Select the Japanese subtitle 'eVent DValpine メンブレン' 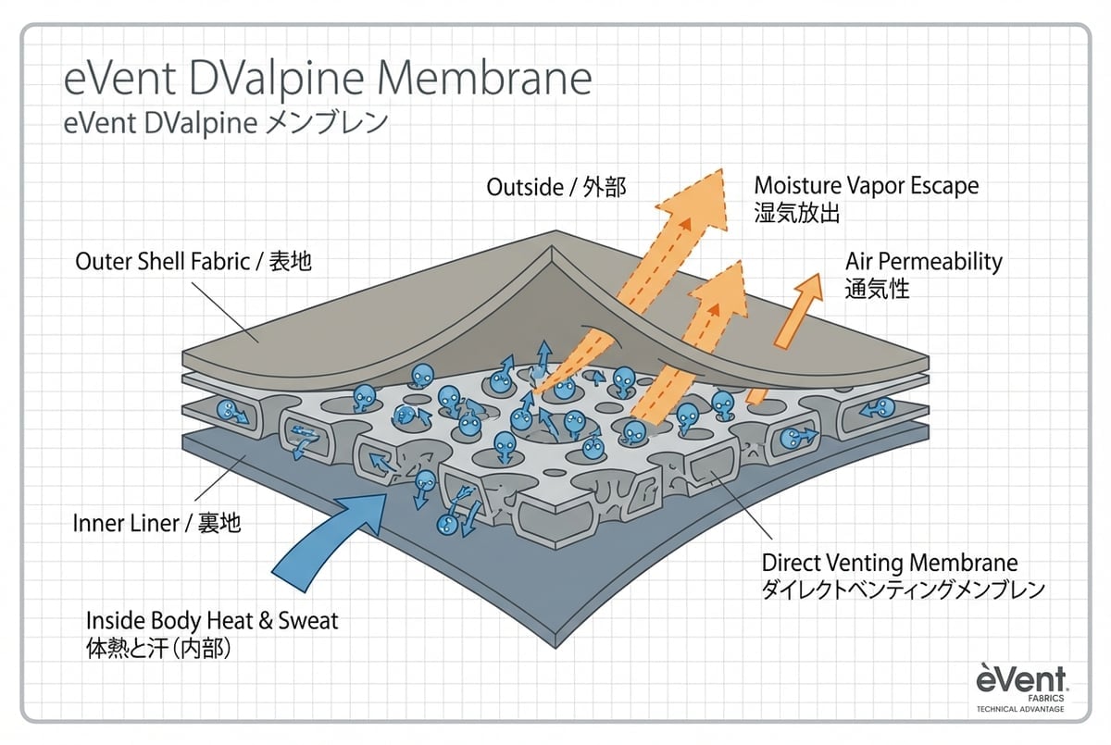click(226, 124)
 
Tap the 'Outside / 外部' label click(556, 188)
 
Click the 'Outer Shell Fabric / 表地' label click(193, 262)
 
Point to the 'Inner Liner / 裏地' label click(156, 523)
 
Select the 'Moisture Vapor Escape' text click(866, 186)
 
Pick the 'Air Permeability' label click(923, 262)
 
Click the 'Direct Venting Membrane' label click(889, 563)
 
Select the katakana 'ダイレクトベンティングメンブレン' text click(903, 590)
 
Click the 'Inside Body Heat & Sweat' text click(212, 620)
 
